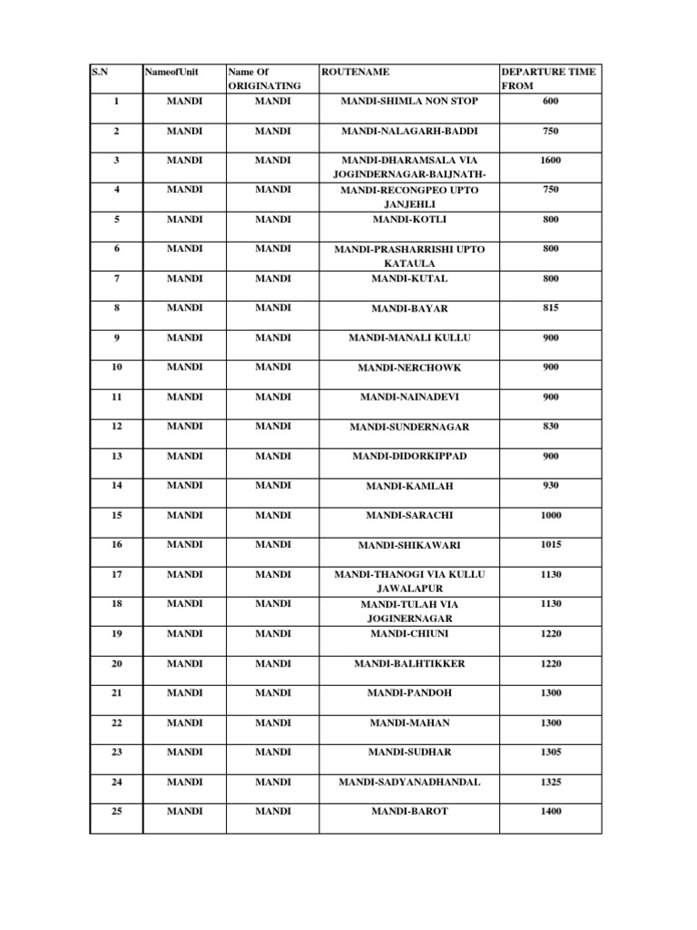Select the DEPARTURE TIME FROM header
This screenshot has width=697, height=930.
click(548, 79)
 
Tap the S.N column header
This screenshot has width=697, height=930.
click(99, 72)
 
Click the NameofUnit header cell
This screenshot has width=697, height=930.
click(172, 72)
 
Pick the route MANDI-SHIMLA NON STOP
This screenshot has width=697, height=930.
click(408, 102)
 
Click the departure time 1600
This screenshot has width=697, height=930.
click(551, 161)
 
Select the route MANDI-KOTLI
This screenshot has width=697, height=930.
click(409, 220)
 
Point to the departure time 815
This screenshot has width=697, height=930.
click(551, 309)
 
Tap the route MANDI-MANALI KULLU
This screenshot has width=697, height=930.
click(409, 338)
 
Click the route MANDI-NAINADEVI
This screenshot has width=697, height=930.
click(409, 398)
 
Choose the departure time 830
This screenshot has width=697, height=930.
click(551, 427)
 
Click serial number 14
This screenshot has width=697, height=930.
click(116, 486)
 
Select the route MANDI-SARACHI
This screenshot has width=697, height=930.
click(409, 516)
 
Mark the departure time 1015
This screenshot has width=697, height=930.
click(551, 545)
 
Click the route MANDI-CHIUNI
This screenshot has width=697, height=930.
click(409, 634)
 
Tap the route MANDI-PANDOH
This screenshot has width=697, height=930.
click(409, 693)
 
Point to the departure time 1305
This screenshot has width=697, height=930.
click(551, 752)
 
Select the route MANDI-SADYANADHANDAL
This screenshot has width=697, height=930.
click(409, 782)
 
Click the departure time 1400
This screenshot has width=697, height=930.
click(551, 811)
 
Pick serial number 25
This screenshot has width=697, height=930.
click(116, 811)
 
